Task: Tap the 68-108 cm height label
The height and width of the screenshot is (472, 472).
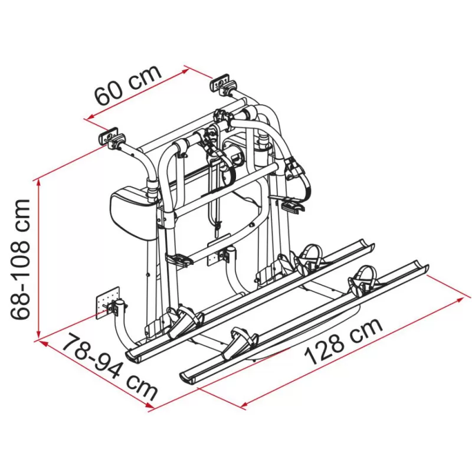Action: [22, 260]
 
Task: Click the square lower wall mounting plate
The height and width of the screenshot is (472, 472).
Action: [107, 303]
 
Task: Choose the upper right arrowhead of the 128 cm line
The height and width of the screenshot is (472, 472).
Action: [460, 299]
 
